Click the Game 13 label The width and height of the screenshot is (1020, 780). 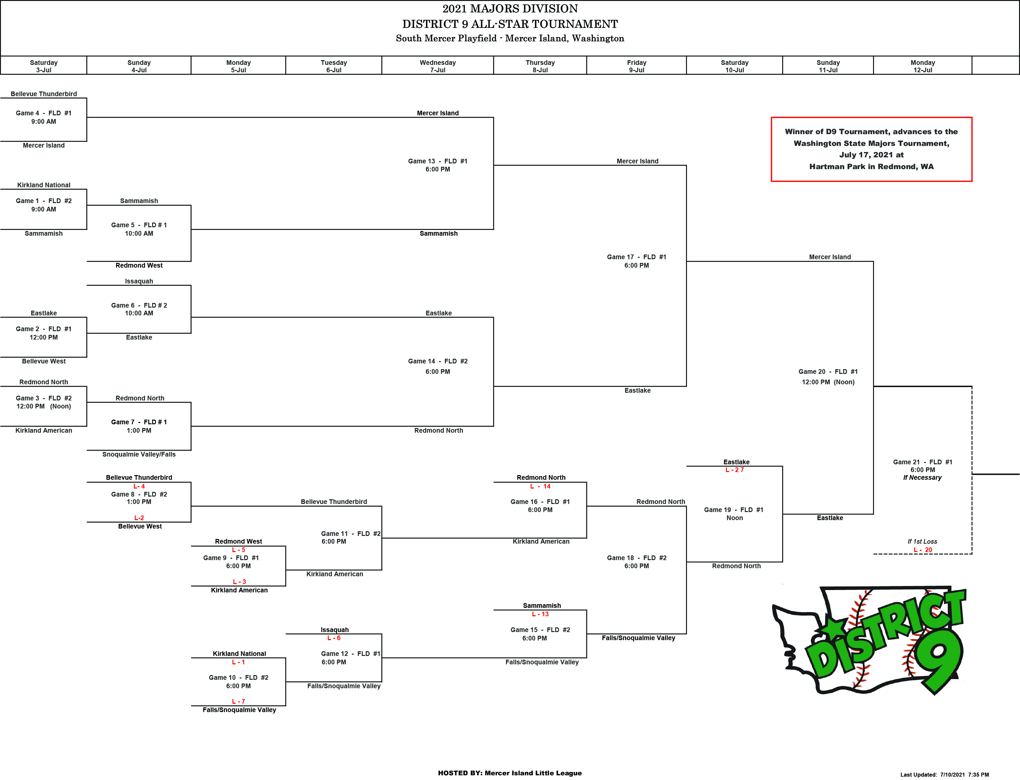click(x=438, y=161)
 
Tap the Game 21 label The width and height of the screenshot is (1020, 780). click(x=922, y=462)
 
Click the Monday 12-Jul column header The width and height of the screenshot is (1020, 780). click(x=922, y=66)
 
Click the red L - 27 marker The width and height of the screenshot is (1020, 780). click(x=734, y=470)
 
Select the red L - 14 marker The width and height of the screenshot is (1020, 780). click(x=540, y=486)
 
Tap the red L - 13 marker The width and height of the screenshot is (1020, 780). click(x=540, y=614)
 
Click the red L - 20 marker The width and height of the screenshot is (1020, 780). click(x=922, y=550)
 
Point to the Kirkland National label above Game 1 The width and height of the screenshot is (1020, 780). click(x=44, y=185)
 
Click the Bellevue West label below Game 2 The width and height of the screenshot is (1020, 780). click(x=44, y=361)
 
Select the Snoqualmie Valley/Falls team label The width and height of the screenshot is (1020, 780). click(x=139, y=454)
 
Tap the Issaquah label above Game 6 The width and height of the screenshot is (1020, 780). click(x=139, y=281)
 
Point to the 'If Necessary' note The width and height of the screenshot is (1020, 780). click(x=922, y=477)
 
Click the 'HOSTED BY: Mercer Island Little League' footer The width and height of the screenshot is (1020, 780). click(x=510, y=773)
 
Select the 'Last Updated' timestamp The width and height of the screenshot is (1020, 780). click(x=944, y=774)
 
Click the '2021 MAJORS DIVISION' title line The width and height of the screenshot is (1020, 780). click(x=510, y=8)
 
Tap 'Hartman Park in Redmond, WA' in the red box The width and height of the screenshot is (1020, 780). click(x=871, y=166)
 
